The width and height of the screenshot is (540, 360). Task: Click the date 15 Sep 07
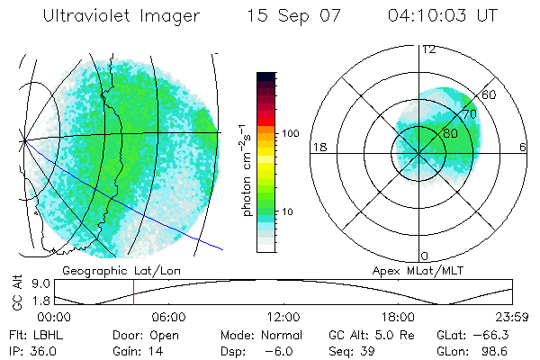click(293, 16)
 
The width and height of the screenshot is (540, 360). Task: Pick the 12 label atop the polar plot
click(428, 49)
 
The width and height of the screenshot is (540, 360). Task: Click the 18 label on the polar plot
click(318, 147)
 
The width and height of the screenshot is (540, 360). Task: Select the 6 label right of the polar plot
click(523, 147)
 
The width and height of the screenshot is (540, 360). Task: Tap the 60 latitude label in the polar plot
click(489, 94)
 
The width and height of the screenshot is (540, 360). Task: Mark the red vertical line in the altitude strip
click(133, 292)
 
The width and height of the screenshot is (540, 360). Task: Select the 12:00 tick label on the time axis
click(283, 317)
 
